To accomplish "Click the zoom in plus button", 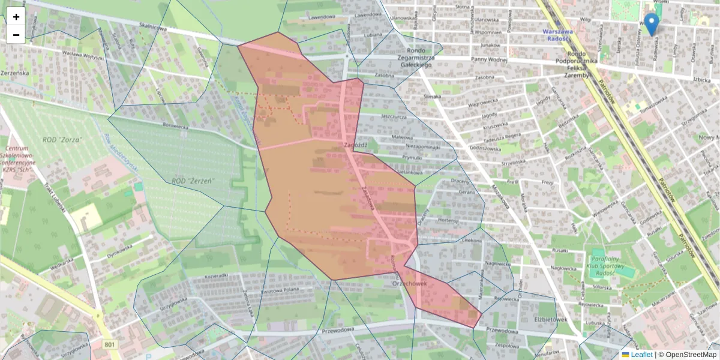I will click(16, 17).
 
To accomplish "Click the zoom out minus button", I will click(16, 35).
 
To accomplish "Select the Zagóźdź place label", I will click(356, 145).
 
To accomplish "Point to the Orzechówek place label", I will click(410, 283).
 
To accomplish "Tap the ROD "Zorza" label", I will click(62, 139).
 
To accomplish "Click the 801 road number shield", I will click(109, 344).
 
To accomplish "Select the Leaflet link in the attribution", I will click(640, 355).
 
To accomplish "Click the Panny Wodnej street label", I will click(488, 59).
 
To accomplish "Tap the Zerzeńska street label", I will click(15, 72).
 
